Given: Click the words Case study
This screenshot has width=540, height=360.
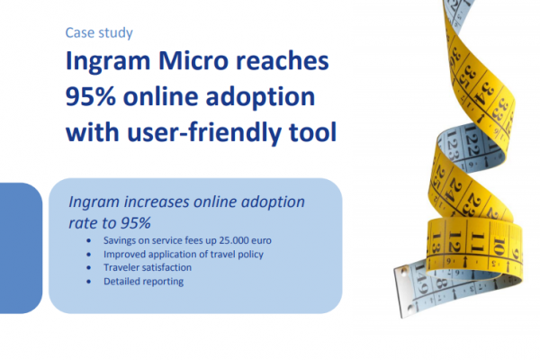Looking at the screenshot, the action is [x=99, y=33].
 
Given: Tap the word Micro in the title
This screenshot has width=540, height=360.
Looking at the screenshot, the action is [x=193, y=60].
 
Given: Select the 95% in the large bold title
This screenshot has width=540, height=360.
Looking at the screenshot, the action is [x=91, y=96].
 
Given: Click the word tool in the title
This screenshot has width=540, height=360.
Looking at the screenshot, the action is [x=312, y=132].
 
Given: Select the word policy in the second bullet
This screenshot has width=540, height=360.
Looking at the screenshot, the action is [x=251, y=255].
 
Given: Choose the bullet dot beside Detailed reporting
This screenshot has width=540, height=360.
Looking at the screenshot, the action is [x=89, y=282].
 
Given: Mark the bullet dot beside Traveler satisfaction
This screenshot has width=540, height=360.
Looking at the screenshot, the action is [x=89, y=267].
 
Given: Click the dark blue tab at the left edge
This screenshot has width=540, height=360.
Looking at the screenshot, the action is [x=21, y=248].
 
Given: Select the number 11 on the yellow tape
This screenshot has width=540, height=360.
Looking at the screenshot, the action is [x=478, y=242].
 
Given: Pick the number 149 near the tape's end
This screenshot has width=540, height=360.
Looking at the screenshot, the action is [x=420, y=279].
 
